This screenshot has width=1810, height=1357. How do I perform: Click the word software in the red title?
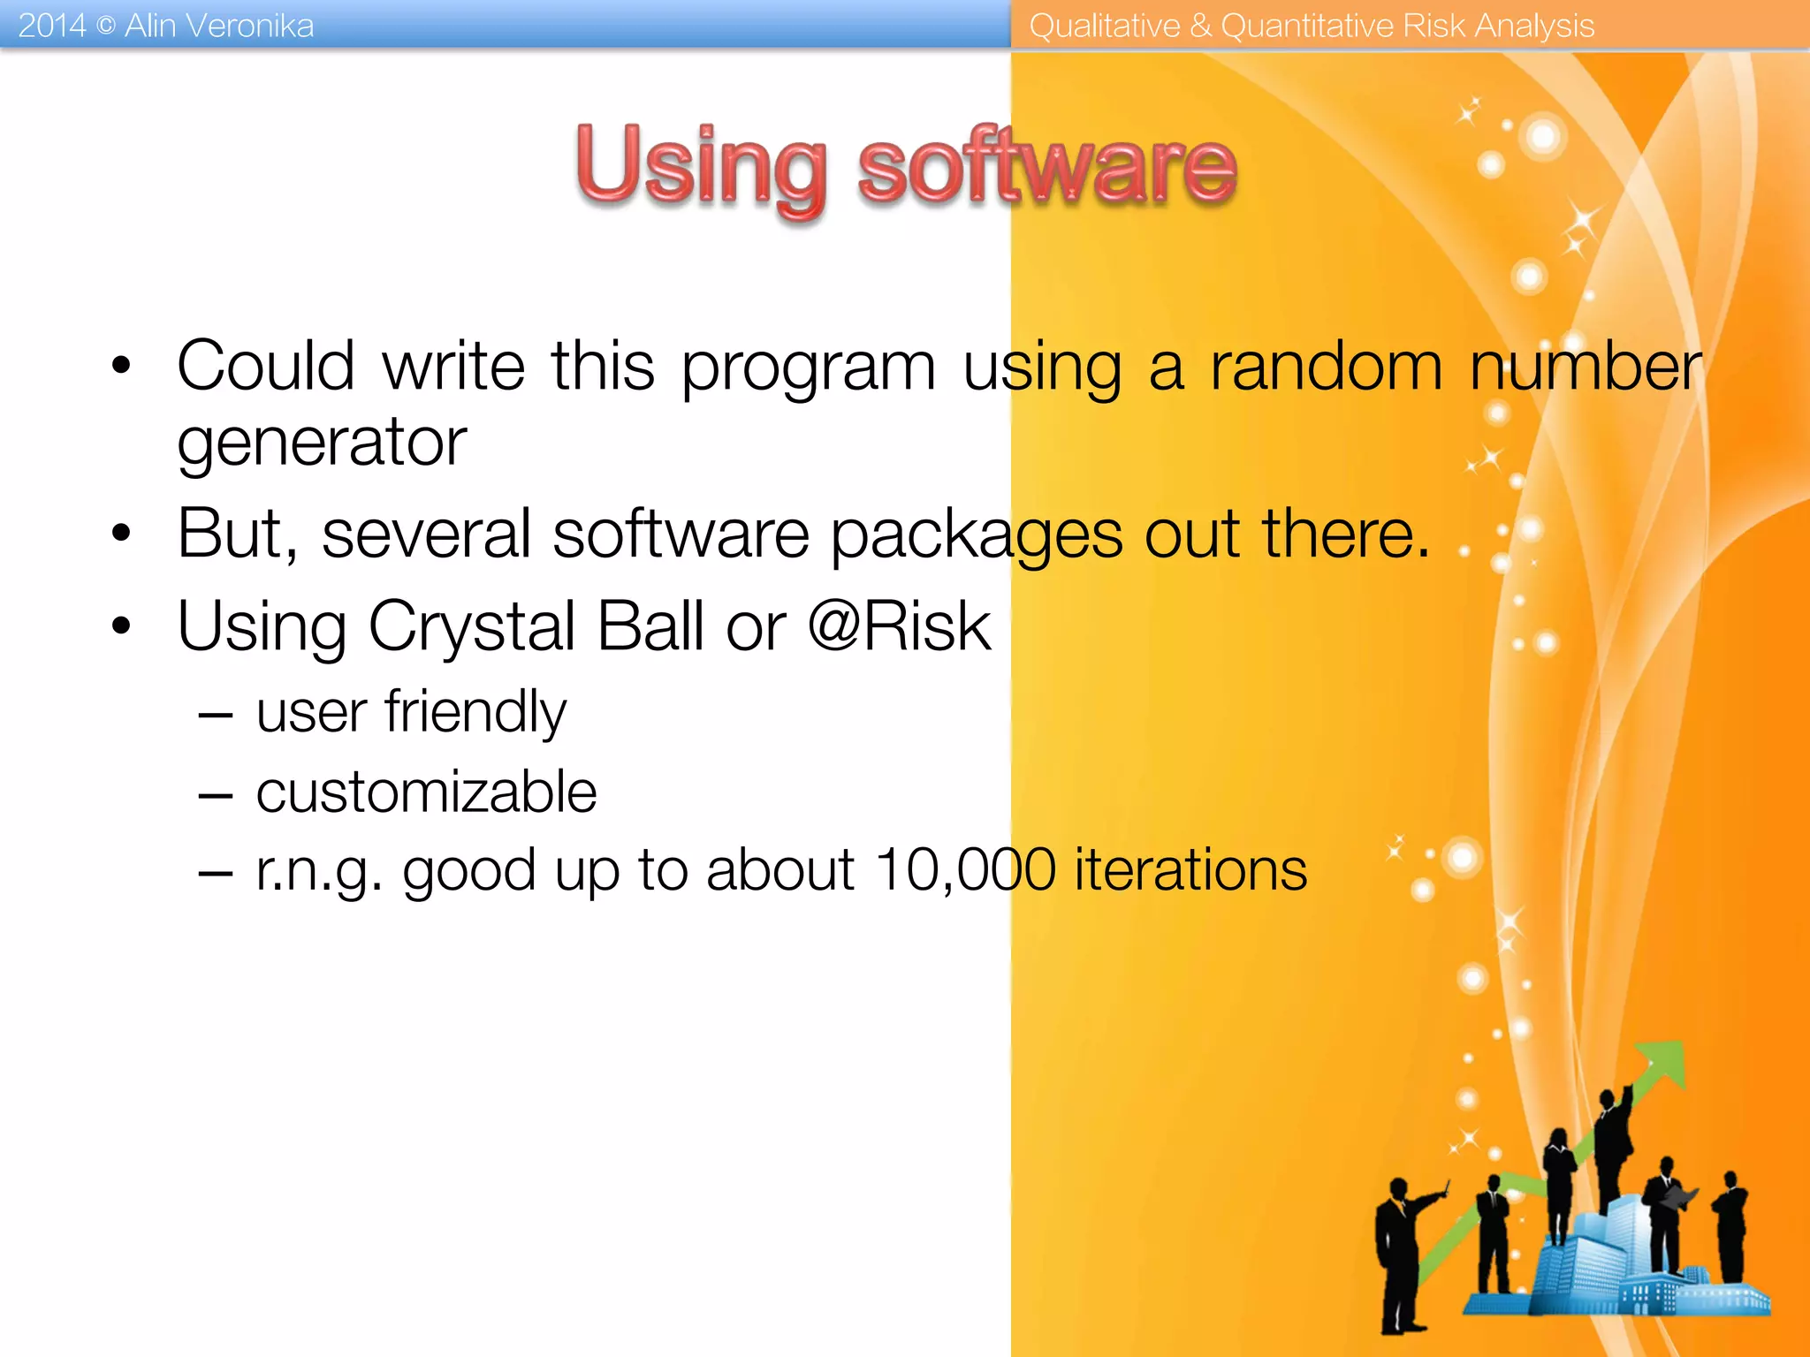coord(1046,168)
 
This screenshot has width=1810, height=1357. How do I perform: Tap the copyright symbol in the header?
coord(105,26)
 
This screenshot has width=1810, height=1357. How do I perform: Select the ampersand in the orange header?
coord(1199,26)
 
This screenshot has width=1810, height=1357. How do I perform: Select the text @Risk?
coord(899,626)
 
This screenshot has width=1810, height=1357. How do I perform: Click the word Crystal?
coord(472,626)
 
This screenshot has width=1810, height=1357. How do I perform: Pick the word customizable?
coord(426,792)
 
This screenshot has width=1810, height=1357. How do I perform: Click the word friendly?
coord(475,712)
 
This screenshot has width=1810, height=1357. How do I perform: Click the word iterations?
coord(1190,870)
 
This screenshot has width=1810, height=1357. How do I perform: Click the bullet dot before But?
coord(121,533)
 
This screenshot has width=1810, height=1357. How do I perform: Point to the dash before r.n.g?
coord(215,873)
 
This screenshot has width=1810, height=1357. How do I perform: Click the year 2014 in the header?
coord(51,26)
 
